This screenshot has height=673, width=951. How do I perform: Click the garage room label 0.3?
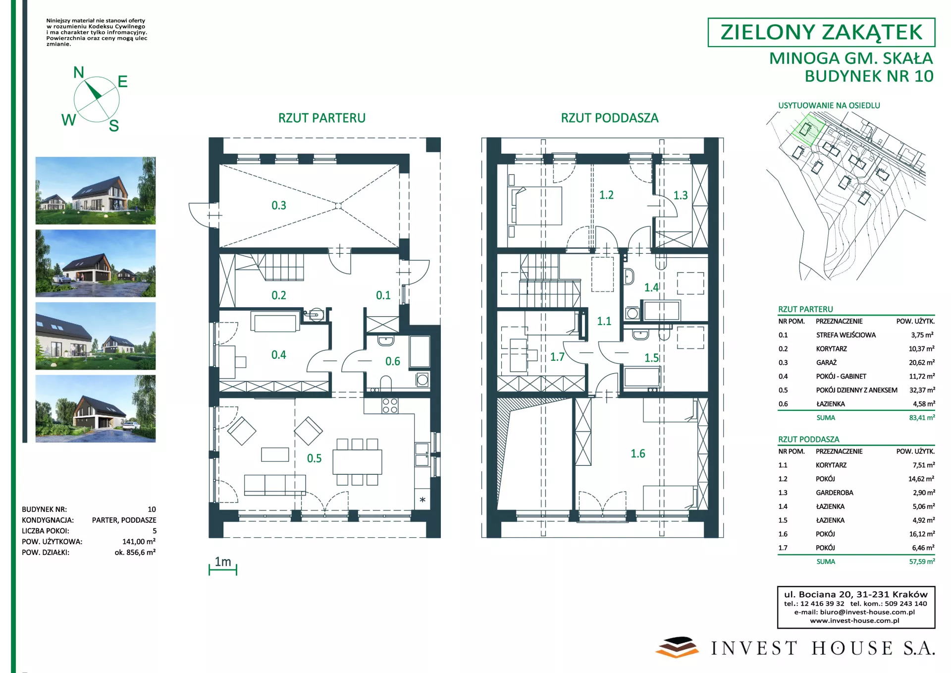[279, 205]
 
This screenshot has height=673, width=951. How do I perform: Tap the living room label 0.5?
[314, 458]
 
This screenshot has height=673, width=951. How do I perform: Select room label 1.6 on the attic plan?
[637, 453]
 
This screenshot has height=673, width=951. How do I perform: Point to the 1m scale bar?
[223, 570]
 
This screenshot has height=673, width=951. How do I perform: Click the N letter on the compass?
[79, 72]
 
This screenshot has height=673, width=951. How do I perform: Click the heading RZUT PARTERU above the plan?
[322, 118]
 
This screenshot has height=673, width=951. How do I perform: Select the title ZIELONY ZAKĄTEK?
[821, 32]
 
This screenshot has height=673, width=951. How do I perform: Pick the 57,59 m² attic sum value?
[922, 561]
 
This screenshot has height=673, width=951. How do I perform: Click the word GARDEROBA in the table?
[835, 493]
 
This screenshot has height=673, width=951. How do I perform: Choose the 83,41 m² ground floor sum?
[922, 418]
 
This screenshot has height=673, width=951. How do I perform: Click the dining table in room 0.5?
[357, 462]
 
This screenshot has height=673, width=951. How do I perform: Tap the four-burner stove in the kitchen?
[390, 406]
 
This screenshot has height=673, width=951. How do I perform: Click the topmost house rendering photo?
[96, 191]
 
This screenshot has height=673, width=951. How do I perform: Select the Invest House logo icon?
[677, 647]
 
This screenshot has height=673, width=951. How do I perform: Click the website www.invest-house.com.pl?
[854, 620]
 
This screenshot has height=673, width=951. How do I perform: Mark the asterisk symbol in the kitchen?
[423, 500]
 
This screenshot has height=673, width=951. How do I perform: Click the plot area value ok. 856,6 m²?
[135, 552]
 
